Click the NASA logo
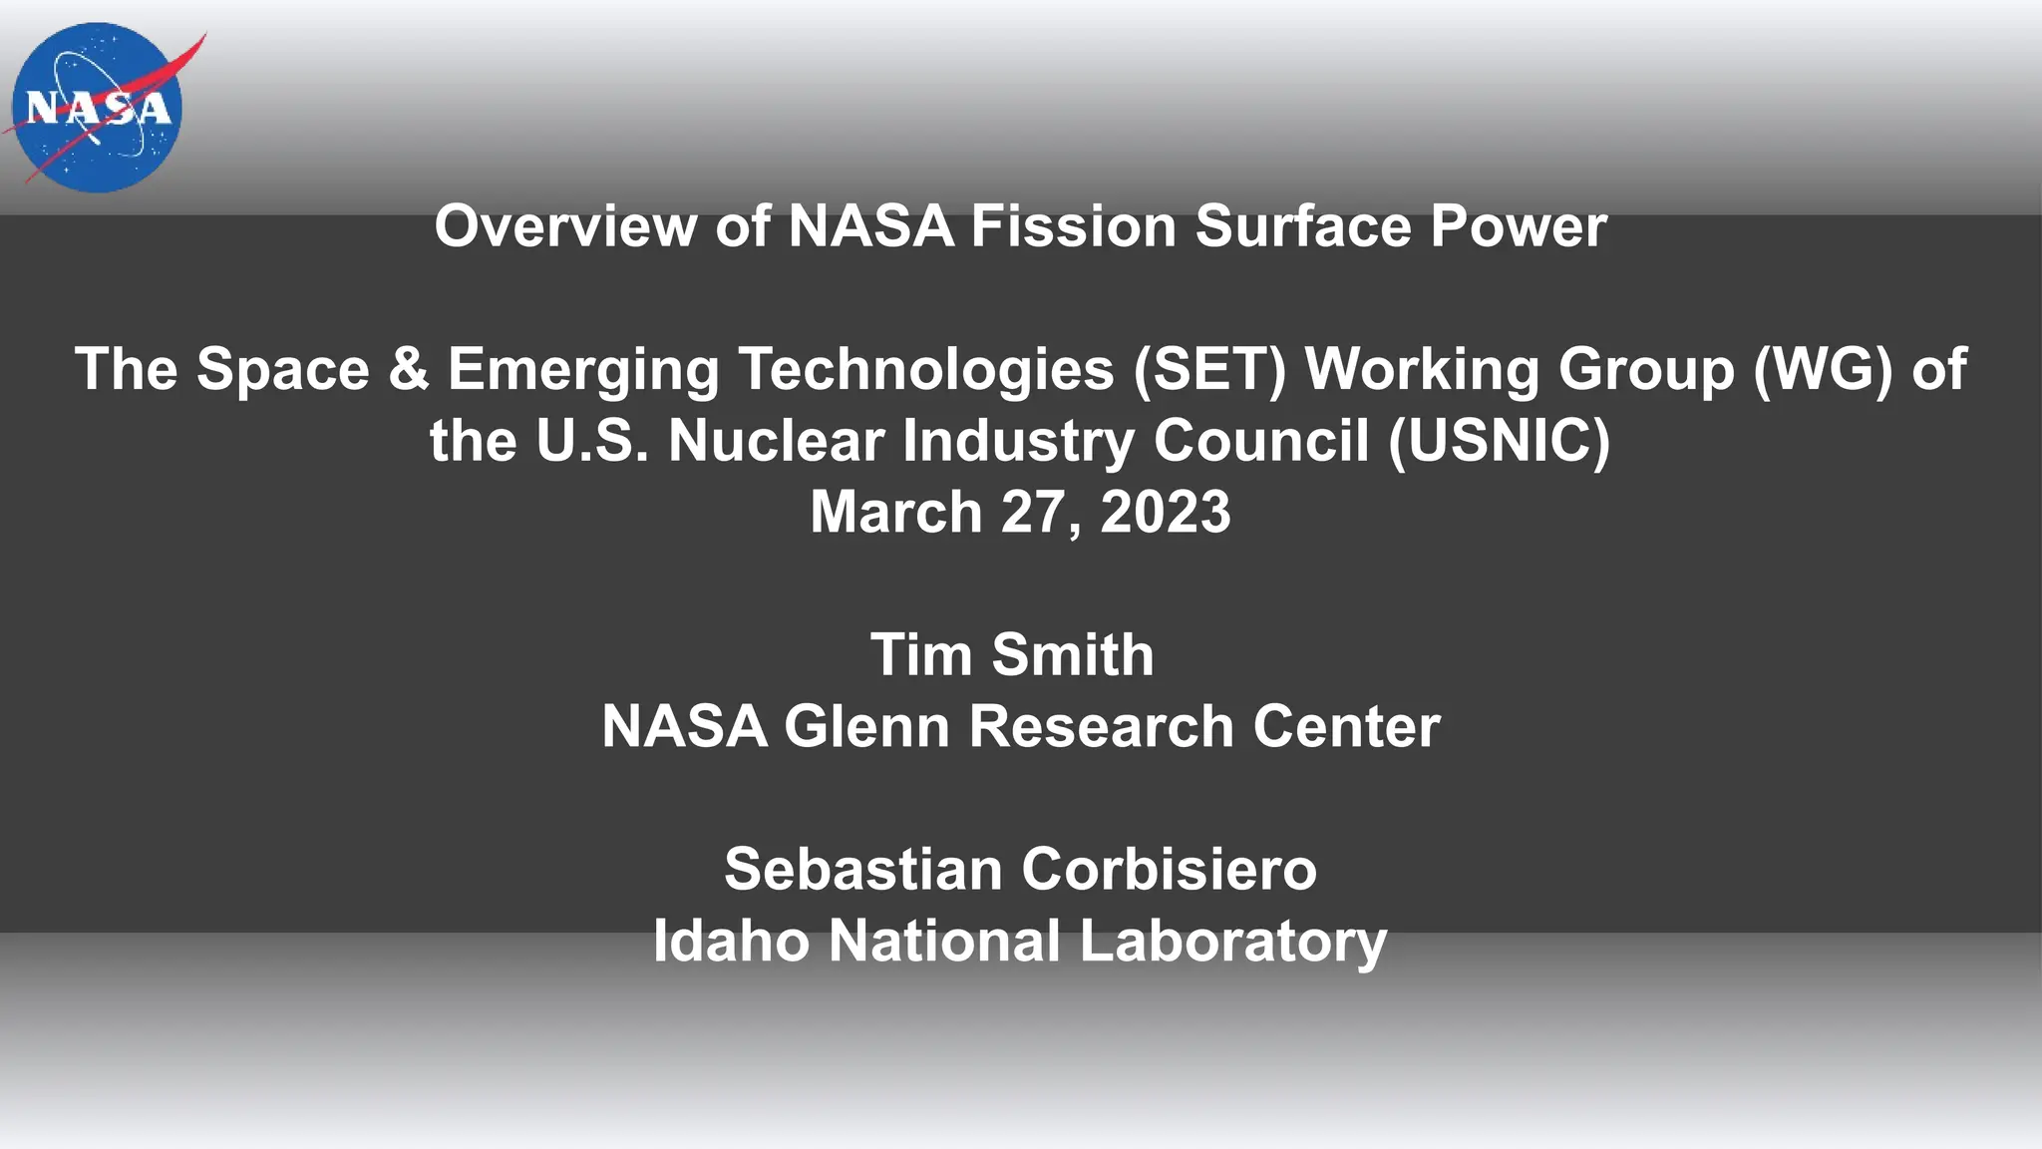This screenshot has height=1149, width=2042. [98, 108]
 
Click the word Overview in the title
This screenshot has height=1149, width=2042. [565, 226]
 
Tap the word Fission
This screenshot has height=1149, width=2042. [1074, 226]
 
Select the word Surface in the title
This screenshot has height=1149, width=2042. [1303, 226]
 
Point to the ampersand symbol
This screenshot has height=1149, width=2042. [409, 369]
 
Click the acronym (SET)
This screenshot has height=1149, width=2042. [1209, 369]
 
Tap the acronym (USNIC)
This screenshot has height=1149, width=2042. [1499, 441]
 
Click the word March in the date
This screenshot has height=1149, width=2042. [896, 513]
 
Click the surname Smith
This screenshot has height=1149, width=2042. [1073, 655]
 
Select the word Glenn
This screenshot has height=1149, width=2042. [867, 727]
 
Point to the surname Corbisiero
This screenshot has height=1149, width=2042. [1170, 870]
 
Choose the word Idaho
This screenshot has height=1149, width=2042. [731, 942]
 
